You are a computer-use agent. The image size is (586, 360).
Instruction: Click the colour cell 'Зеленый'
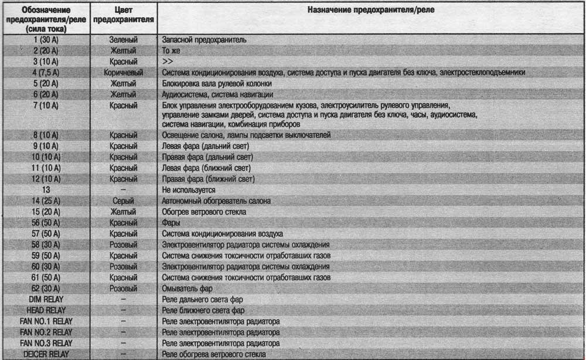tap(124, 40)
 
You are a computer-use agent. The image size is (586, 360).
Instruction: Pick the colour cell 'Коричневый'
tap(124, 72)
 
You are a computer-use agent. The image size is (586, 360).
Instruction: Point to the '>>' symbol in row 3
tap(167, 62)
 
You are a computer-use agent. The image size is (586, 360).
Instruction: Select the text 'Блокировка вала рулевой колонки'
tap(212, 83)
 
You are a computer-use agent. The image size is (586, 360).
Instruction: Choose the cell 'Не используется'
tap(188, 190)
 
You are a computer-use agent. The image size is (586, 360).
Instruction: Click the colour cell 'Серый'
tap(124, 201)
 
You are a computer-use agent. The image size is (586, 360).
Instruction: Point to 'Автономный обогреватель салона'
tap(216, 201)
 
